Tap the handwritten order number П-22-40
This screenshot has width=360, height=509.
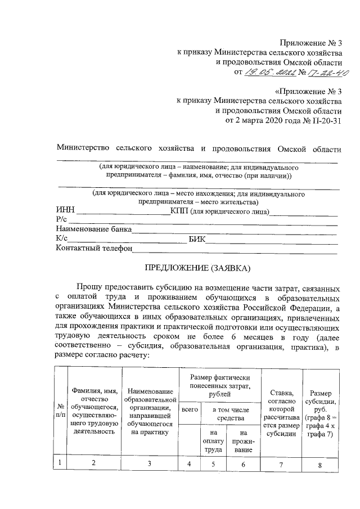coord(321,73)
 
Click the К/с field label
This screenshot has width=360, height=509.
coord(62,239)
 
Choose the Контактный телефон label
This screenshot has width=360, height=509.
coord(94,248)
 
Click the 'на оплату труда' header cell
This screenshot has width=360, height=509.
coord(212,442)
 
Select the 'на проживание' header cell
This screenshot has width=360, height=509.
coord(242,442)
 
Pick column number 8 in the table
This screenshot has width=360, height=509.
coord(320,465)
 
